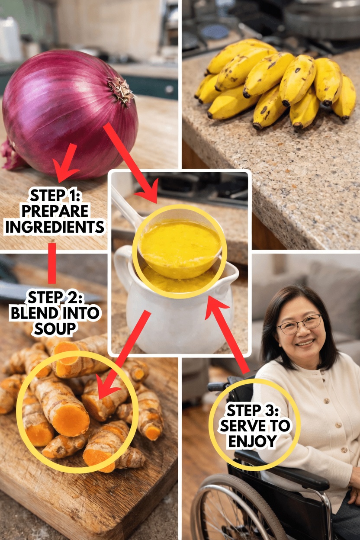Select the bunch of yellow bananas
277,84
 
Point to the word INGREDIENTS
55,226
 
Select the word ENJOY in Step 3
254,441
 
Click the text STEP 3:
254,410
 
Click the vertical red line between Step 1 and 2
52,263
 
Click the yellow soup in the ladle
180,242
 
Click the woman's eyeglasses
299,325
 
